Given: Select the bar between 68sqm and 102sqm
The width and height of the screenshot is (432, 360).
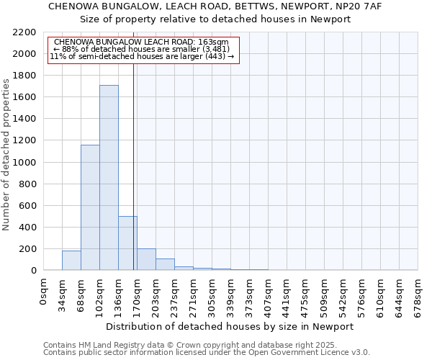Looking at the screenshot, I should click(90, 207).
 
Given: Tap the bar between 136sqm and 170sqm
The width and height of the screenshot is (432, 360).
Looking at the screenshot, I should click(127, 243).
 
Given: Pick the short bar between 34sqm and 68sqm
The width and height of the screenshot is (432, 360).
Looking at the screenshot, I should click(71, 261).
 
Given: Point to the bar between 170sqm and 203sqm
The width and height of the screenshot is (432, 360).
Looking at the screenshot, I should click(146, 259).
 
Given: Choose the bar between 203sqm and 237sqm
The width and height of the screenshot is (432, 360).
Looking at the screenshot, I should click(165, 264).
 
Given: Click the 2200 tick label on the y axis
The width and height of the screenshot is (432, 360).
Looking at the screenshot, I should click(24, 32).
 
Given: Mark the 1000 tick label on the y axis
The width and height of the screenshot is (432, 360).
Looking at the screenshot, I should click(24, 163).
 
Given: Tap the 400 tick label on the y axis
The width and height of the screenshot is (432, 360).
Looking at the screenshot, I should click(27, 228).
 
